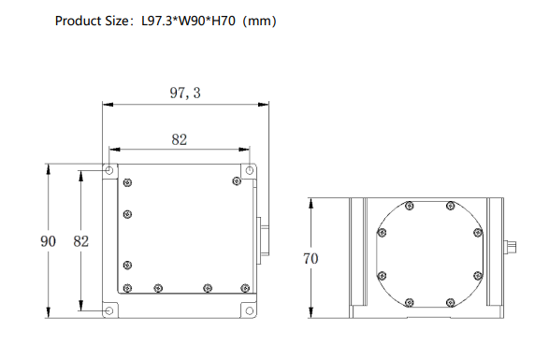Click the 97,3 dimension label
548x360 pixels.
coord(185,93)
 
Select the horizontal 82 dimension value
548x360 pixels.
coord(180,140)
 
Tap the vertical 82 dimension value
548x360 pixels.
coord(81,241)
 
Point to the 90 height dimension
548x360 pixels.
coord(48,241)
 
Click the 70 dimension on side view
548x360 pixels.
coord(310,259)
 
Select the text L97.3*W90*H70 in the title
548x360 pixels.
coord(188,21)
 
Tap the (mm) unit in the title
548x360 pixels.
coord(259,22)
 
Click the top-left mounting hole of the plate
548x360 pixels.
coord(109,170)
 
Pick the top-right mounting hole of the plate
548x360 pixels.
coord(249,170)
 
